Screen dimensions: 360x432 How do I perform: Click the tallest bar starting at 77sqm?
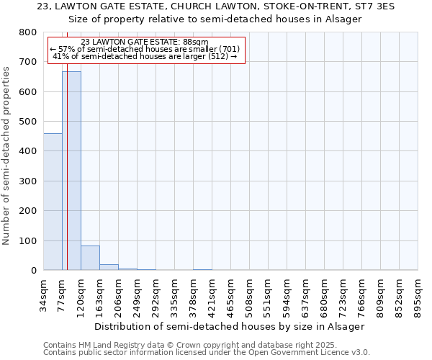(x=71, y=171)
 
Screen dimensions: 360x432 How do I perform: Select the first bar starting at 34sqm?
(x=53, y=202)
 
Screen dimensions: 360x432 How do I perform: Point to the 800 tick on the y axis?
(x=27, y=32)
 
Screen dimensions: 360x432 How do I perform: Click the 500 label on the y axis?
(x=27, y=122)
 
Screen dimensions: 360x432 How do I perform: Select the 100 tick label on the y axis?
(x=27, y=240)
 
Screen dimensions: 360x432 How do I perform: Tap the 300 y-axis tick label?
(x=27, y=181)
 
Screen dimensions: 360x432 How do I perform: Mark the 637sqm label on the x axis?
(x=307, y=294)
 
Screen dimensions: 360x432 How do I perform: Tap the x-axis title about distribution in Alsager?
(x=230, y=326)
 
